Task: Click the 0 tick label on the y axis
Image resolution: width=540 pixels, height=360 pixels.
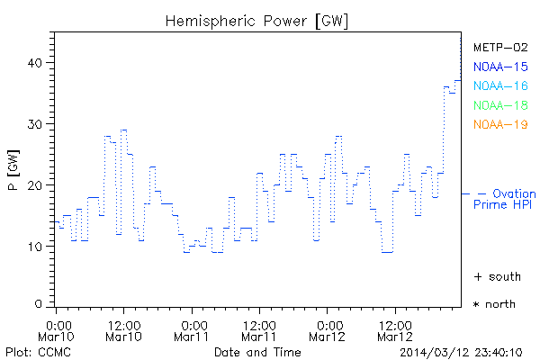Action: pyautogui.click(x=39, y=304)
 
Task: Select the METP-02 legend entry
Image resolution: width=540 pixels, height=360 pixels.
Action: pyautogui.click(x=500, y=47)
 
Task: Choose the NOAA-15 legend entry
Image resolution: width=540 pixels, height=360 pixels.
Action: pyautogui.click(x=500, y=67)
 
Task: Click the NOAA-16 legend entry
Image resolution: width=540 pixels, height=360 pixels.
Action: pyautogui.click(x=500, y=85)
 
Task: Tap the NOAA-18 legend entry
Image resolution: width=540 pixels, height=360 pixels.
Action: pyautogui.click(x=500, y=105)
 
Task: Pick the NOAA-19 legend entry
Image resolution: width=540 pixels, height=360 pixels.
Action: pyautogui.click(x=500, y=124)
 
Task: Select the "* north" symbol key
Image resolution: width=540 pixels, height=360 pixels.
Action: pyautogui.click(x=494, y=304)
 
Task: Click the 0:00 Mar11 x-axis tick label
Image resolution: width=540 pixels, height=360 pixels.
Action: pyautogui.click(x=193, y=329)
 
